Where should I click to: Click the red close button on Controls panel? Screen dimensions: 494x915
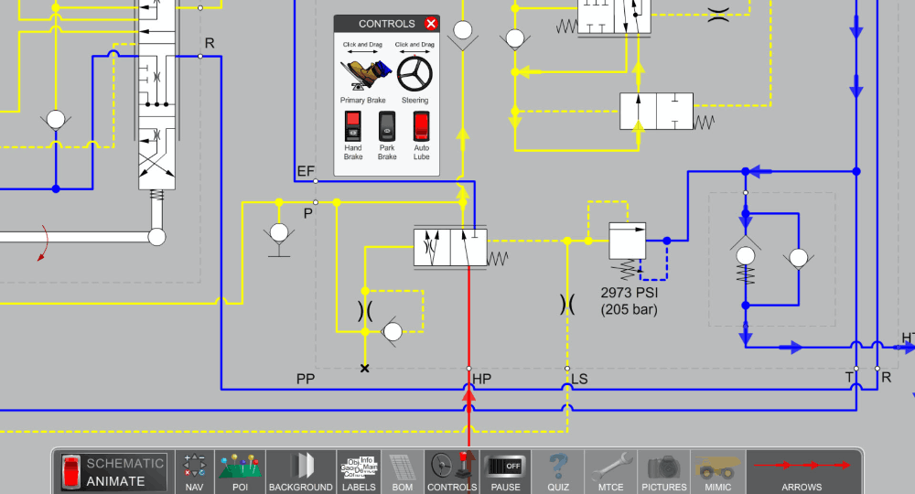click(x=431, y=24)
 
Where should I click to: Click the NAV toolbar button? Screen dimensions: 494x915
click(x=194, y=470)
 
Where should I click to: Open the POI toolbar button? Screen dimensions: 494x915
click(x=240, y=470)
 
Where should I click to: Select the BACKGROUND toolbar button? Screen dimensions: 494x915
click(x=301, y=470)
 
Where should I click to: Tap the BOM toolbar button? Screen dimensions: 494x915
click(x=402, y=470)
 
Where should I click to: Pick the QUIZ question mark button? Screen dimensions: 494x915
click(x=559, y=470)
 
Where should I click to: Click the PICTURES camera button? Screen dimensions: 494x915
click(x=664, y=470)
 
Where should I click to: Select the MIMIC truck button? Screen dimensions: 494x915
click(x=718, y=470)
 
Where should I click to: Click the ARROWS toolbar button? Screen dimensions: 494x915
click(x=802, y=470)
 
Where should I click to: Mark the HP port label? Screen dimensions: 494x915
click(x=481, y=378)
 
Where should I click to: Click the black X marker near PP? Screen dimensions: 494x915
click(x=365, y=369)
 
